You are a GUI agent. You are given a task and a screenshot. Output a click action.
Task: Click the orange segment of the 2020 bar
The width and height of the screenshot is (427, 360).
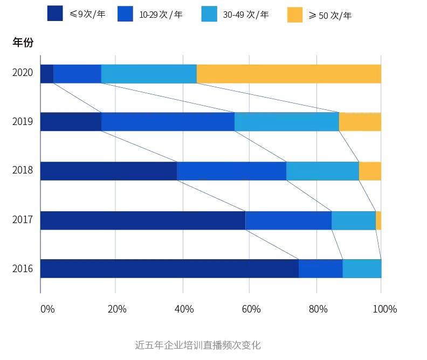[x=288, y=74]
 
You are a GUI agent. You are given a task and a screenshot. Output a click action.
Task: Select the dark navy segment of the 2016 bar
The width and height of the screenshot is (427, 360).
[x=169, y=268]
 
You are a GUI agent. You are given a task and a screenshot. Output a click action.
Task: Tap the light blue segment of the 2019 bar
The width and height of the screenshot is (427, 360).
[x=286, y=122]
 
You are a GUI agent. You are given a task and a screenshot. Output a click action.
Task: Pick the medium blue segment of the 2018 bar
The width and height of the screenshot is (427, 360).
[x=231, y=171]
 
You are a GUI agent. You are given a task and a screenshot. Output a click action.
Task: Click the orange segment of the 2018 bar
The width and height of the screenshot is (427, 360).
[x=370, y=171]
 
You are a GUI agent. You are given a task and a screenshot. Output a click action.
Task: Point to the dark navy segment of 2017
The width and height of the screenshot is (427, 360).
[x=143, y=220]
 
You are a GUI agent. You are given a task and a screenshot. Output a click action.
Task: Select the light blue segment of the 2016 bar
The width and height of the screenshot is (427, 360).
[x=362, y=268]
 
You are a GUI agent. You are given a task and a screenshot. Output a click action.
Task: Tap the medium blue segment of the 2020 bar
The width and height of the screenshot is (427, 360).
[x=77, y=74]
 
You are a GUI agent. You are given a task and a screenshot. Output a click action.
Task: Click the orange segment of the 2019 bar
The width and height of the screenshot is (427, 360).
[x=360, y=122]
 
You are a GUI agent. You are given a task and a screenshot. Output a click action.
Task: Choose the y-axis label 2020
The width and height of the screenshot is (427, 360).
[x=23, y=73]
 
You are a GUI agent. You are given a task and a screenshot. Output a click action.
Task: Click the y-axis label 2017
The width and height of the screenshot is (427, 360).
[x=23, y=220]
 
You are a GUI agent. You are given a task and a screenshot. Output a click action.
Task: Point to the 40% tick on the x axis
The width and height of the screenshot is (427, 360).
[x=184, y=309]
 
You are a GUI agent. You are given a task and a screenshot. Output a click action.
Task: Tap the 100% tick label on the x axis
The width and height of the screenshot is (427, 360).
[x=385, y=309]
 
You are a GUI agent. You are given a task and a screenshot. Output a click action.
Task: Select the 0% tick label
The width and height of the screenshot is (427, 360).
[x=47, y=309]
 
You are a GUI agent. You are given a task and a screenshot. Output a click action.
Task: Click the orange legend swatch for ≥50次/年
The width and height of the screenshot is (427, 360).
[x=295, y=15]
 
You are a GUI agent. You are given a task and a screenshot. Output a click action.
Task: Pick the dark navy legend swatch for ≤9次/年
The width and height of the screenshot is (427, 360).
[x=55, y=13]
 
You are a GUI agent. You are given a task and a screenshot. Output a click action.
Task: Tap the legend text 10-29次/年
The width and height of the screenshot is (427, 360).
[x=161, y=15]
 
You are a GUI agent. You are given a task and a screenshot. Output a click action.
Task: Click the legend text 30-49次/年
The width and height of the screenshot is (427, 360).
[x=245, y=15]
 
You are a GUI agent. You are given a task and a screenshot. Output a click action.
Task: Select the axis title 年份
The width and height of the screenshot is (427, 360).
[x=23, y=43]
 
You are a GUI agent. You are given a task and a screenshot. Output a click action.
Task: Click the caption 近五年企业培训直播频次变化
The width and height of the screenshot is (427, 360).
[x=198, y=345]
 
